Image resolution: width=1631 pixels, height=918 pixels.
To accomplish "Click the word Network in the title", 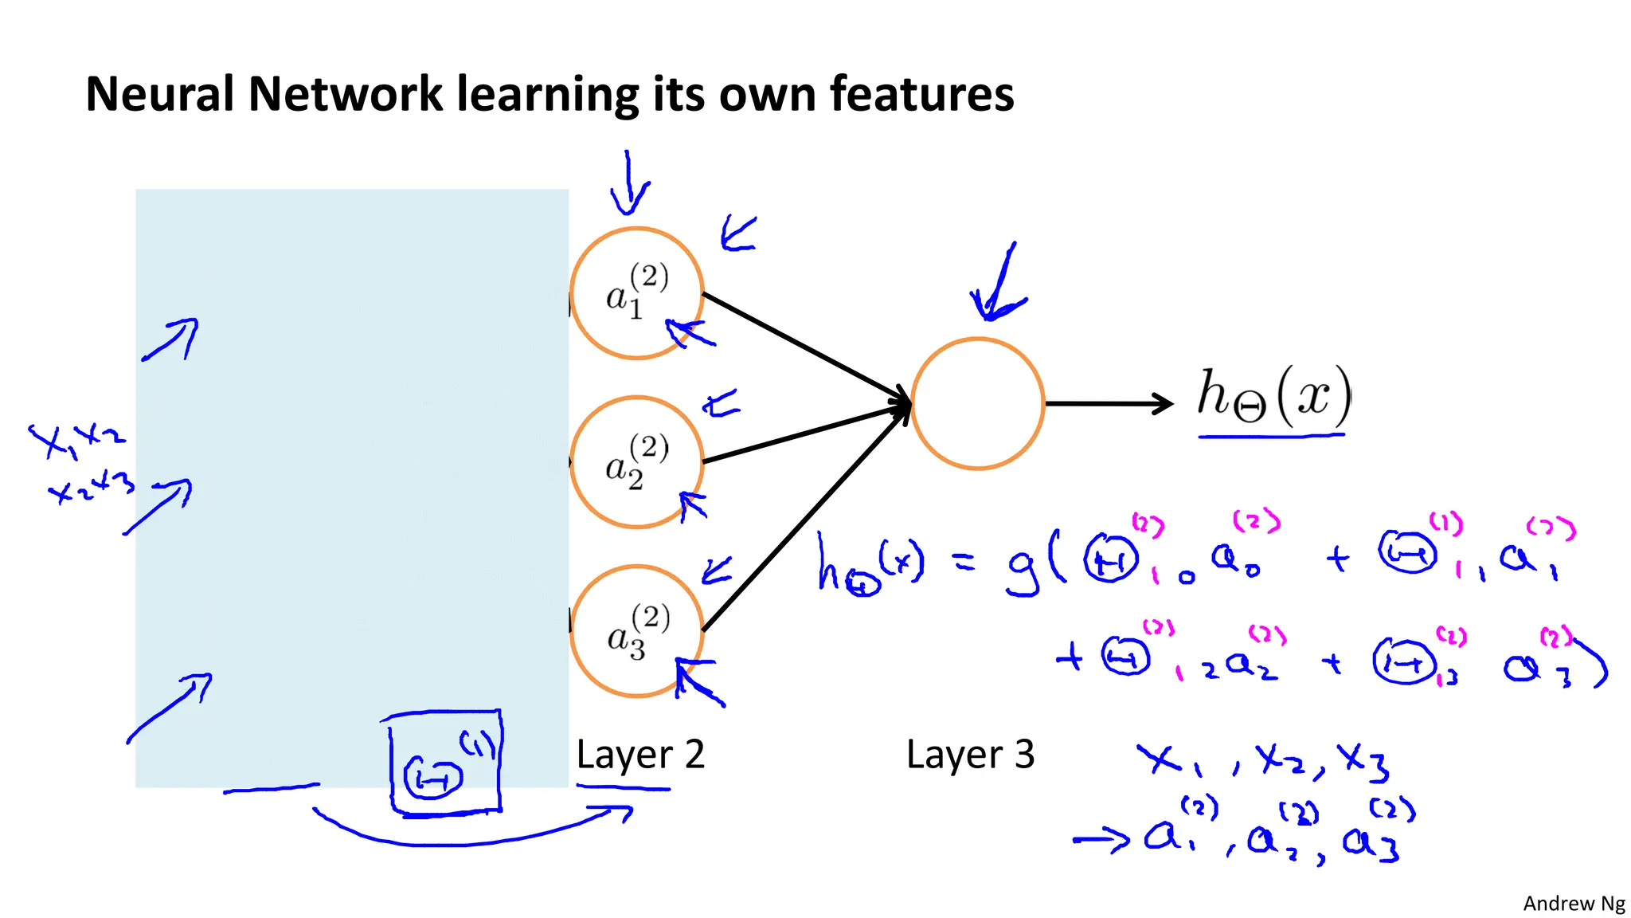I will pos(345,94).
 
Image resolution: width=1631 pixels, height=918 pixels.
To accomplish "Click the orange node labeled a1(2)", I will pos(637,293).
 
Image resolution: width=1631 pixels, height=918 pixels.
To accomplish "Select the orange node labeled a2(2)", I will pos(637,462).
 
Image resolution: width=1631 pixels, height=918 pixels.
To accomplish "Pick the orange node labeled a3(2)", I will pos(637,631).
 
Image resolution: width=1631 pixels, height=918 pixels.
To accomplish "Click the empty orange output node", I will pos(977,404).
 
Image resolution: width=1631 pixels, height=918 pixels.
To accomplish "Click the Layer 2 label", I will pos(640,754).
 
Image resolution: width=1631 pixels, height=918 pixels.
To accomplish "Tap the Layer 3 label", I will pos(970,754).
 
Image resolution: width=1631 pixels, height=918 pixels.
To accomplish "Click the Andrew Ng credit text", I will pos(1574,903).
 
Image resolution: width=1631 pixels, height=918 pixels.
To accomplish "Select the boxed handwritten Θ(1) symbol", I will pos(445,763).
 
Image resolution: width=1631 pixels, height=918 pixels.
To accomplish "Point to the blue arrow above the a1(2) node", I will pos(629,183).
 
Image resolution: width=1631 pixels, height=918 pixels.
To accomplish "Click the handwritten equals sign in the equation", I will pos(964,564).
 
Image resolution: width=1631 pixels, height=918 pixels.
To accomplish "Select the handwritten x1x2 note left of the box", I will pos(76,438).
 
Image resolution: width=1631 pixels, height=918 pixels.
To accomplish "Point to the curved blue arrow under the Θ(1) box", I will pos(470,833).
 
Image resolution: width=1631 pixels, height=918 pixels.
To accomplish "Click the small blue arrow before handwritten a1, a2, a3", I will pos(1101,840).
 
